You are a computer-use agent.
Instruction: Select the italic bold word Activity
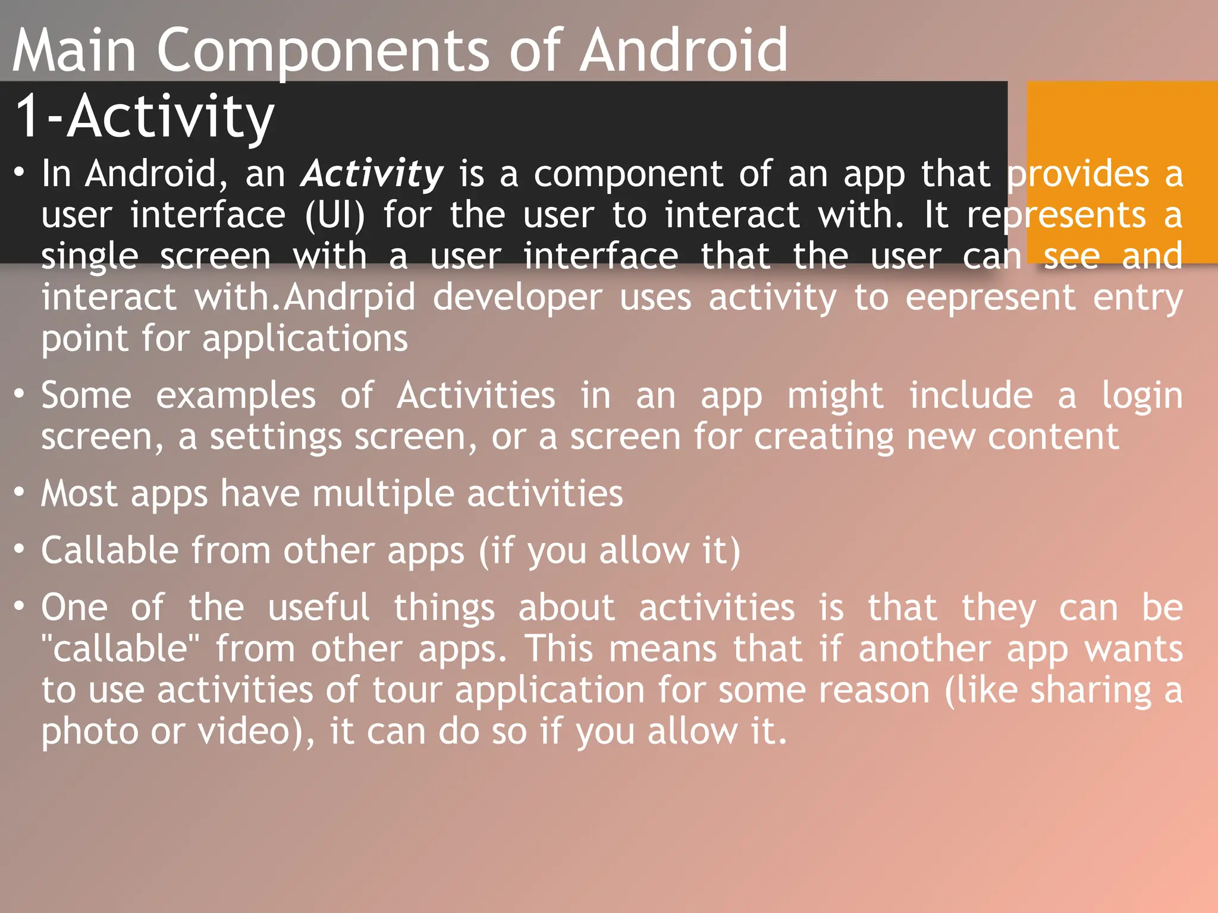[x=372, y=174]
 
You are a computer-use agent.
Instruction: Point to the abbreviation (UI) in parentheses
[x=335, y=215]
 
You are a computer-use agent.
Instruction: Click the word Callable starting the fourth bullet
[x=109, y=550]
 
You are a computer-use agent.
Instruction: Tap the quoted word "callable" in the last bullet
[x=120, y=648]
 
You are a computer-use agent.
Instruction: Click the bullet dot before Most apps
[x=20, y=493]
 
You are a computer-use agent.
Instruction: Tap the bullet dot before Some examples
[x=20, y=394]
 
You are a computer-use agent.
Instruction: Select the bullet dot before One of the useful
[x=20, y=606]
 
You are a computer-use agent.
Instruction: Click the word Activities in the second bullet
[x=476, y=396]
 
